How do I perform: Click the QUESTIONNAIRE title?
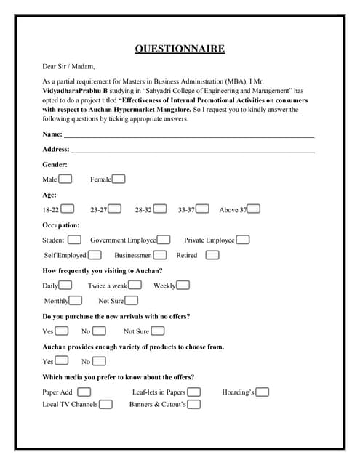pos(180,49)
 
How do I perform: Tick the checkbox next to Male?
pos(65,179)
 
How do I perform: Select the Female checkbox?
pos(119,179)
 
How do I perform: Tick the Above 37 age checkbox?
pos(254,209)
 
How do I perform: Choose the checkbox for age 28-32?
pos(160,209)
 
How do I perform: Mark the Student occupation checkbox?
pos(75,240)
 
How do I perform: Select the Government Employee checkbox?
pos(164,240)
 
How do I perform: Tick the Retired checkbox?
pos(212,255)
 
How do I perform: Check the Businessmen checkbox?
pos(161,255)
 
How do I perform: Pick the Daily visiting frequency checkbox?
pos(65,286)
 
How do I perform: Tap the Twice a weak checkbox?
pos(135,286)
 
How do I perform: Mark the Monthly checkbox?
pos(76,301)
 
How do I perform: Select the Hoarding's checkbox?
pos(263,392)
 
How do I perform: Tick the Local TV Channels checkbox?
pos(106,404)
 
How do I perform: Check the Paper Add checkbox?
pos(84,392)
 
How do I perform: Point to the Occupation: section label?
pos(61,225)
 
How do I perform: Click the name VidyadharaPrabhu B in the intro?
pos(75,91)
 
